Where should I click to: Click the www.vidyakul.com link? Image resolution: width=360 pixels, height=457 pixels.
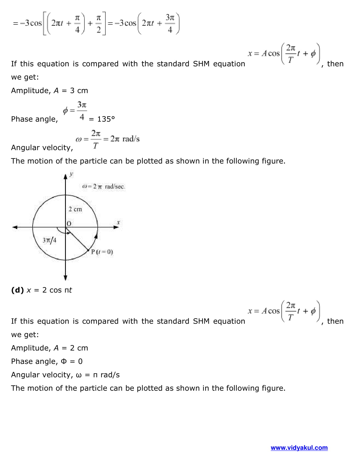299,448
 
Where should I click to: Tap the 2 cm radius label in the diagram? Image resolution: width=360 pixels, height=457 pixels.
75,209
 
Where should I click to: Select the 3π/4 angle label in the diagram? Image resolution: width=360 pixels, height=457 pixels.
49,240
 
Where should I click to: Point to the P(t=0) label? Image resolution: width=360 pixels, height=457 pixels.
102,252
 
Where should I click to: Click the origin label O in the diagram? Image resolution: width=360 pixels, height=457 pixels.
69,224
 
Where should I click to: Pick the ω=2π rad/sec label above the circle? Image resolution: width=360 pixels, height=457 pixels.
103,186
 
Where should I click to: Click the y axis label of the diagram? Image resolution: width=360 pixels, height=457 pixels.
71,174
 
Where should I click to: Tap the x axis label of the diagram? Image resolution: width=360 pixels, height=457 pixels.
118,222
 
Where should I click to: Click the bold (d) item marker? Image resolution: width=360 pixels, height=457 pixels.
17,290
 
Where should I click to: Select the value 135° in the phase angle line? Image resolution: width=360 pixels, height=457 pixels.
106,119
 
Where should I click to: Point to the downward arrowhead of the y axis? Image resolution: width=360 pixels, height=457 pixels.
66,277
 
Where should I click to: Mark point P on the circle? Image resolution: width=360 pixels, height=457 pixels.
88,250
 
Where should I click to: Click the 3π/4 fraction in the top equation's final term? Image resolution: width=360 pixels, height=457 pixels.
170,23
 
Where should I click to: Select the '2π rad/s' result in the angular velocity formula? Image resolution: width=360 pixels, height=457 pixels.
125,139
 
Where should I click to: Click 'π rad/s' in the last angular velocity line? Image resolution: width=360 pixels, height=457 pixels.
106,375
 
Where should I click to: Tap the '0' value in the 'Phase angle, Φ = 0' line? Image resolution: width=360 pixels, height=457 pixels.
80,362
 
